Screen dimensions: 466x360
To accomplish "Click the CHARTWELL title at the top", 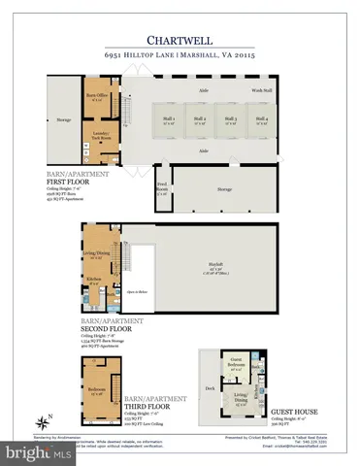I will (x=180, y=41).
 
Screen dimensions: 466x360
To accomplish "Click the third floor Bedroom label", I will (x=96, y=392).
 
